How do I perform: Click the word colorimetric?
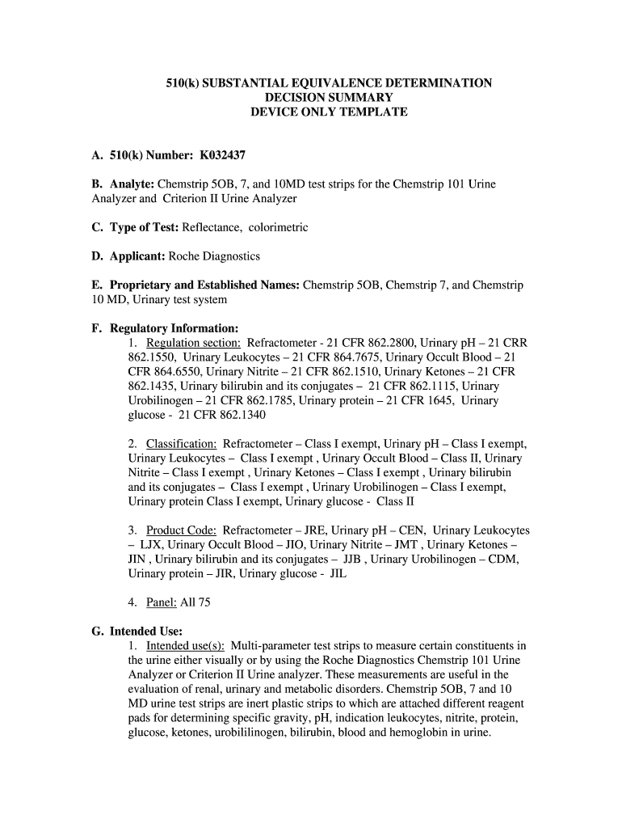[x=279, y=227]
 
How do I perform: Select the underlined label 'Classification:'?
[x=181, y=444]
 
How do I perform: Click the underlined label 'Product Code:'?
[x=181, y=530]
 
